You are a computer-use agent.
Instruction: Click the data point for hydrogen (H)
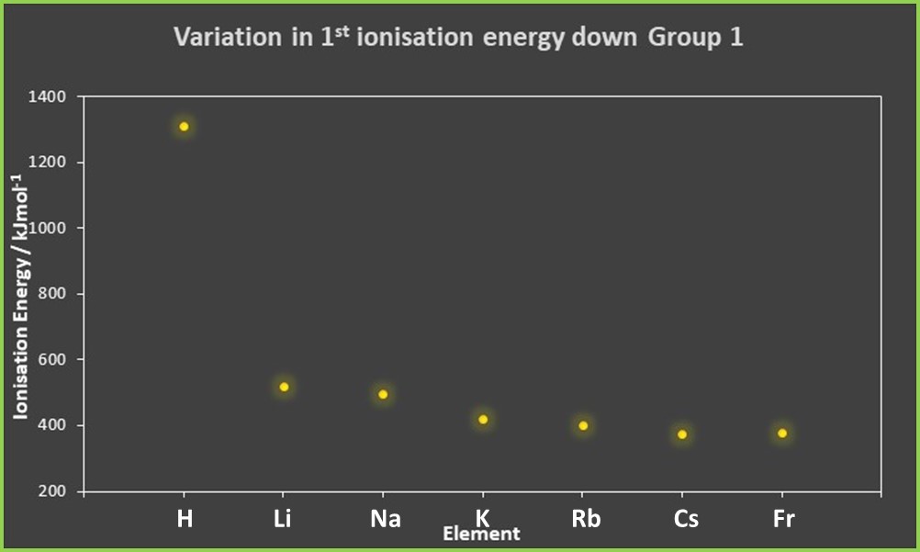point(185,127)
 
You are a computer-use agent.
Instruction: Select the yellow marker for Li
point(284,387)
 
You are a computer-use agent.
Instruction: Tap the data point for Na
point(384,394)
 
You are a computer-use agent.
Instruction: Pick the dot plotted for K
point(483,420)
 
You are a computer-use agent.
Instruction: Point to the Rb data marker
point(583,425)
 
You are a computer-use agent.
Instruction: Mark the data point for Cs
point(682,434)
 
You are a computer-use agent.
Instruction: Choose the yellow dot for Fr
point(782,433)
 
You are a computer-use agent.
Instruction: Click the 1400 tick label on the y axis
point(47,96)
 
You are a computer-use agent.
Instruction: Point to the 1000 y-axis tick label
point(47,228)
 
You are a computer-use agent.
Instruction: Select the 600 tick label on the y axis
point(51,360)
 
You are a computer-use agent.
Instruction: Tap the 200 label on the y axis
point(51,491)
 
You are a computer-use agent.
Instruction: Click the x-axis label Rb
point(586,519)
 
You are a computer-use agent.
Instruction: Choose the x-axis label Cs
point(685,519)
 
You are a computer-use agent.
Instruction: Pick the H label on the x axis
point(185,519)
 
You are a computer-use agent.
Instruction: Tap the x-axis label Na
point(386,519)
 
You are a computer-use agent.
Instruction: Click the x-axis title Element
point(481,534)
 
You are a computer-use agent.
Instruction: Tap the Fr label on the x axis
point(783,519)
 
